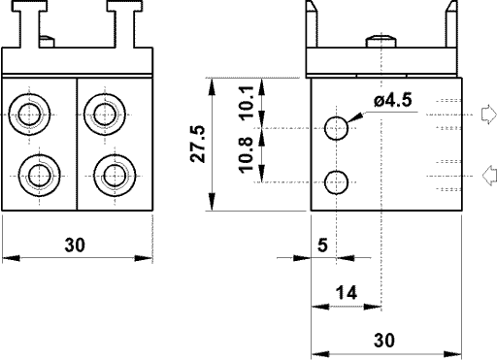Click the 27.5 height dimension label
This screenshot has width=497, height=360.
[197, 143]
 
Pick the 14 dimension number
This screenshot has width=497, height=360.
[345, 292]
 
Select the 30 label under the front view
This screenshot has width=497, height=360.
[75, 245]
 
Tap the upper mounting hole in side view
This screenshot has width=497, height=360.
[336, 128]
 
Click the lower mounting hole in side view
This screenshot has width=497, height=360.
[336, 180]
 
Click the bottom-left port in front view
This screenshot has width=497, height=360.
[41, 176]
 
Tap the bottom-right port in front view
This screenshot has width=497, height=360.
[115, 176]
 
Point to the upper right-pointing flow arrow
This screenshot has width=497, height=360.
[488, 114]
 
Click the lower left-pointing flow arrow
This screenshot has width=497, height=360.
[488, 176]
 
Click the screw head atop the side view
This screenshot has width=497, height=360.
[381, 42]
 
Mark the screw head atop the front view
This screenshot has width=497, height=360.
[49, 42]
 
